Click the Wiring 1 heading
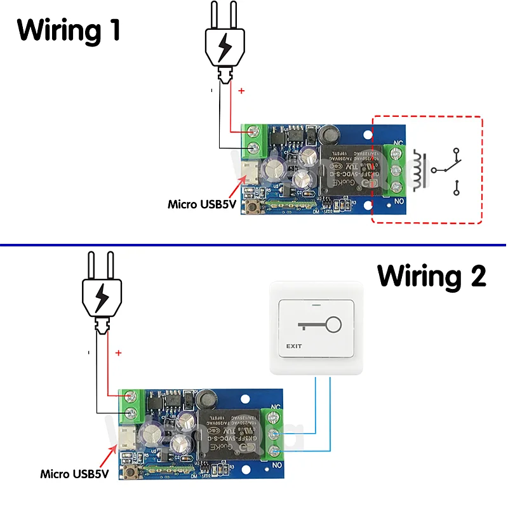[x=69, y=30]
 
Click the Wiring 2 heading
[x=432, y=276]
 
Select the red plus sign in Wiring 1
[x=241, y=91]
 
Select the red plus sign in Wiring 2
[x=118, y=352]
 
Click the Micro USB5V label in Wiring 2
[x=75, y=474]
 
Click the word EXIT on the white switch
[x=294, y=346]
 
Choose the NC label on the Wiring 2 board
[x=276, y=406]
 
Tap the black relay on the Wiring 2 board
[x=228, y=434]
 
